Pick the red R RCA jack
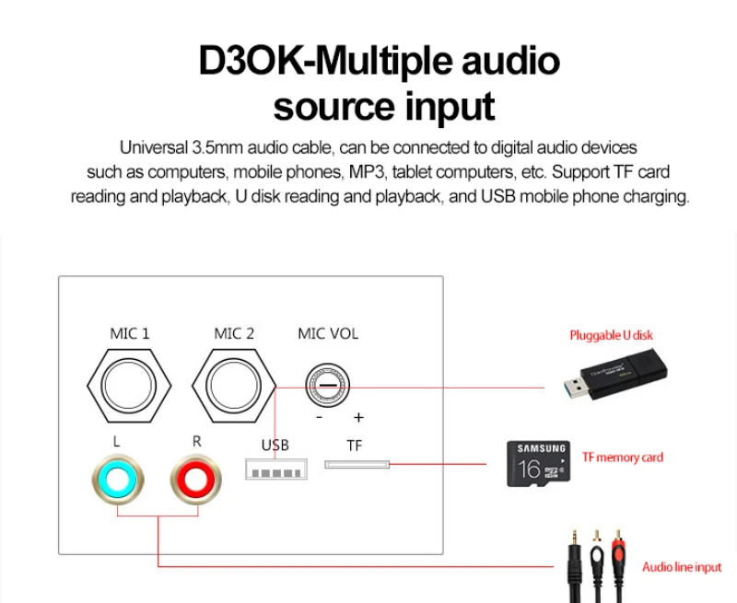click(x=196, y=480)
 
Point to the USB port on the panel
click(x=275, y=471)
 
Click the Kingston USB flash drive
click(x=615, y=375)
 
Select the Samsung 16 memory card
click(x=537, y=463)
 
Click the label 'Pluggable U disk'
click(x=611, y=335)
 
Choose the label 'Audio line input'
click(x=682, y=567)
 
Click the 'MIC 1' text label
click(x=129, y=333)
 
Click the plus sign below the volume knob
click(x=357, y=416)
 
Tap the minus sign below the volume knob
click(x=319, y=416)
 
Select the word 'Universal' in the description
click(x=152, y=147)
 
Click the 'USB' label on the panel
click(x=275, y=446)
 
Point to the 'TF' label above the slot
click(x=355, y=446)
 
